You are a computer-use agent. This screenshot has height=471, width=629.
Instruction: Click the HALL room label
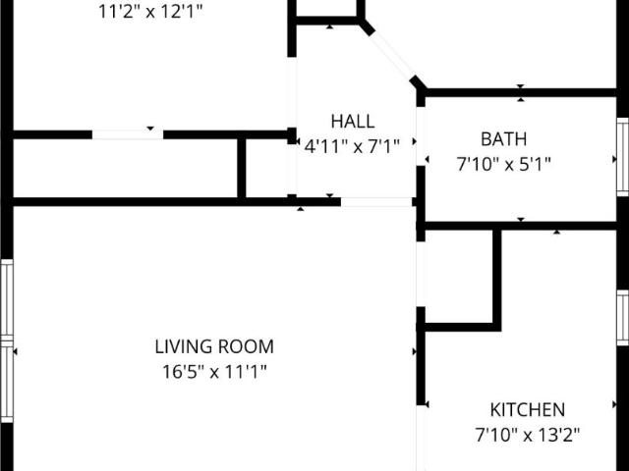pyautogui.click(x=353, y=122)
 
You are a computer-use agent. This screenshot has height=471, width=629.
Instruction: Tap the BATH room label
pyautogui.click(x=503, y=139)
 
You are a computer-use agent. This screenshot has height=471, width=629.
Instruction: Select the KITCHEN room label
pyautogui.click(x=528, y=409)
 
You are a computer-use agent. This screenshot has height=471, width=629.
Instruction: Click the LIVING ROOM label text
pyautogui.click(x=214, y=346)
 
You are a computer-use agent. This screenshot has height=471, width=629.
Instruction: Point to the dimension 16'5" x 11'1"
pyautogui.click(x=214, y=372)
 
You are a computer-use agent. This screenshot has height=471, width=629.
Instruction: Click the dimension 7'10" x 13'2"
pyautogui.click(x=528, y=435)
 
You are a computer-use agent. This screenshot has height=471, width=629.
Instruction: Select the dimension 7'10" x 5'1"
pyautogui.click(x=503, y=164)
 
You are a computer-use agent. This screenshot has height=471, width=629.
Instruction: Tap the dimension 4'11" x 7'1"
pyautogui.click(x=352, y=146)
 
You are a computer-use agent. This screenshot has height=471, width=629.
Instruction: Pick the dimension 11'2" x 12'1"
pyautogui.click(x=150, y=12)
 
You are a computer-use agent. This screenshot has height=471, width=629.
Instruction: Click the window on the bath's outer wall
pyautogui.click(x=622, y=157)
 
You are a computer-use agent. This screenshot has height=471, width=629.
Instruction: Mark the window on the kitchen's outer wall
pyautogui.click(x=622, y=318)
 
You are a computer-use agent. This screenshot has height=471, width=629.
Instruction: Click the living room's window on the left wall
pyautogui.click(x=7, y=340)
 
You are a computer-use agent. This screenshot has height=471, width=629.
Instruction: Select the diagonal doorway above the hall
pyautogui.click(x=392, y=53)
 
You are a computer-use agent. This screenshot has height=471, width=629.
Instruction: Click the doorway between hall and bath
pyautogui.click(x=421, y=136)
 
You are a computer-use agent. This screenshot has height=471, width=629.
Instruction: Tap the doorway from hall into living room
pyautogui.click(x=376, y=202)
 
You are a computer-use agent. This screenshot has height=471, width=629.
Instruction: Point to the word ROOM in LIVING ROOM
pyautogui.click(x=246, y=346)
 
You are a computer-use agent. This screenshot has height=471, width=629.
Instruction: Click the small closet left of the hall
pyautogui.click(x=266, y=168)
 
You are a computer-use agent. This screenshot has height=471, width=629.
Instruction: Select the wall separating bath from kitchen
pyautogui.click(x=520, y=226)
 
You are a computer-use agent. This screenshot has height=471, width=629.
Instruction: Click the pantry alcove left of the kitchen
pyautogui.click(x=459, y=277)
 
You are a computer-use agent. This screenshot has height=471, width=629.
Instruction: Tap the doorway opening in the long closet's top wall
pyautogui.click(x=128, y=134)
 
